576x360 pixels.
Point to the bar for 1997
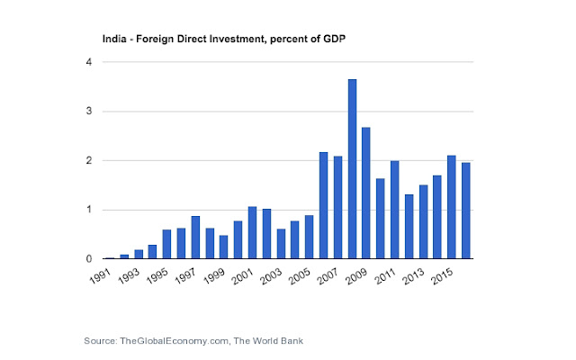tap(195, 238)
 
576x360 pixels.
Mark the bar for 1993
tap(139, 254)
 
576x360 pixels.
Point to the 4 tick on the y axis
tap(86, 62)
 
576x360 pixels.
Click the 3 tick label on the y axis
tap(86, 112)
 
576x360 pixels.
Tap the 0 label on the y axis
tap(86, 259)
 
